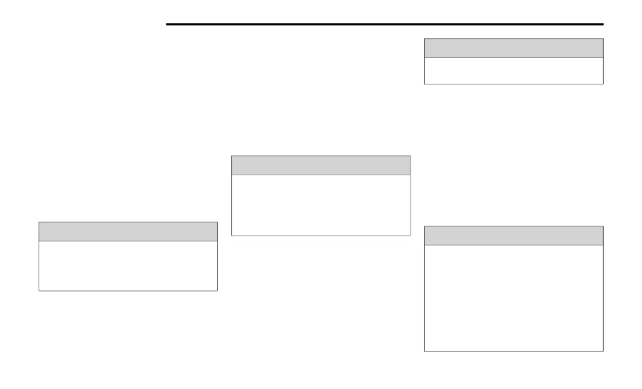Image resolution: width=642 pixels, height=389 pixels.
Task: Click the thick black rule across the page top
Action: click(x=384, y=24)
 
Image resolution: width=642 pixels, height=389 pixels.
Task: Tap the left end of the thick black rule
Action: click(x=167, y=24)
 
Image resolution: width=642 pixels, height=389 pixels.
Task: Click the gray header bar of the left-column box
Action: click(x=128, y=231)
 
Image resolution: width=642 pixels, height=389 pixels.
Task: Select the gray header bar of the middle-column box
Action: click(x=321, y=165)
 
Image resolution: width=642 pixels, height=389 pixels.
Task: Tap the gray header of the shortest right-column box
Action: click(x=513, y=48)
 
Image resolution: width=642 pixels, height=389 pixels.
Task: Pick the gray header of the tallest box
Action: click(x=513, y=236)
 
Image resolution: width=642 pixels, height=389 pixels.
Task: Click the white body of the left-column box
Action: click(x=128, y=266)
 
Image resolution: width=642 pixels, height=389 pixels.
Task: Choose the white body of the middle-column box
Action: click(x=321, y=205)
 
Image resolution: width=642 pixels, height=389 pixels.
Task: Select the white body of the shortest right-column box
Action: click(x=513, y=71)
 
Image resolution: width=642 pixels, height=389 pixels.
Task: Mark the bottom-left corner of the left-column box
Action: click(x=39, y=291)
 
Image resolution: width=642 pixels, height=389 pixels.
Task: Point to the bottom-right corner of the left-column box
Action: click(x=217, y=291)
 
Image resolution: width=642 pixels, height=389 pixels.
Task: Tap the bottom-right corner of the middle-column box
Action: click(x=410, y=235)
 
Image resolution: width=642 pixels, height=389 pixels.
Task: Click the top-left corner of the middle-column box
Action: click(x=232, y=156)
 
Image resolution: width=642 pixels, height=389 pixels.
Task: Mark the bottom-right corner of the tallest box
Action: click(x=603, y=351)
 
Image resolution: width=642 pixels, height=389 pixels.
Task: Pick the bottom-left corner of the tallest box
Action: click(x=425, y=351)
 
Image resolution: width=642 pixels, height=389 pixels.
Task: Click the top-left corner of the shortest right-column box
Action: click(x=425, y=39)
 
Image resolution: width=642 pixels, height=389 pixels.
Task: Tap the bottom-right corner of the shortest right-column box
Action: click(x=603, y=84)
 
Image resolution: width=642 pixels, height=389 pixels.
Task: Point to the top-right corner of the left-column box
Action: click(x=217, y=222)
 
